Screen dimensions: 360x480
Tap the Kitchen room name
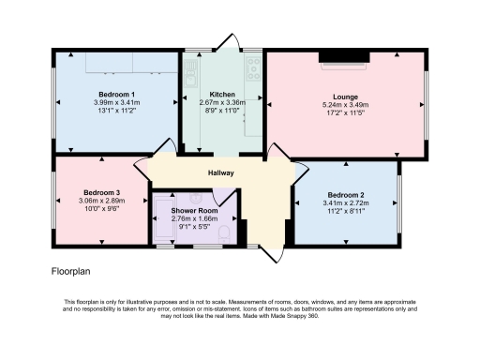tap(222, 95)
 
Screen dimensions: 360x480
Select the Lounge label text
tap(346, 95)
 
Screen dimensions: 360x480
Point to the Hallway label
tap(221, 173)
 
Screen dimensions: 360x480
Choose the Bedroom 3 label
tap(101, 191)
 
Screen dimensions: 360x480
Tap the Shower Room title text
tap(191, 210)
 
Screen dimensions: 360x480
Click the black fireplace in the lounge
tap(346, 59)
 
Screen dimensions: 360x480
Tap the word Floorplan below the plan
tap(72, 271)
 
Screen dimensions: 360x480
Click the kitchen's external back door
tap(225, 43)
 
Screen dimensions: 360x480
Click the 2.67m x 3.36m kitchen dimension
tap(222, 104)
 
